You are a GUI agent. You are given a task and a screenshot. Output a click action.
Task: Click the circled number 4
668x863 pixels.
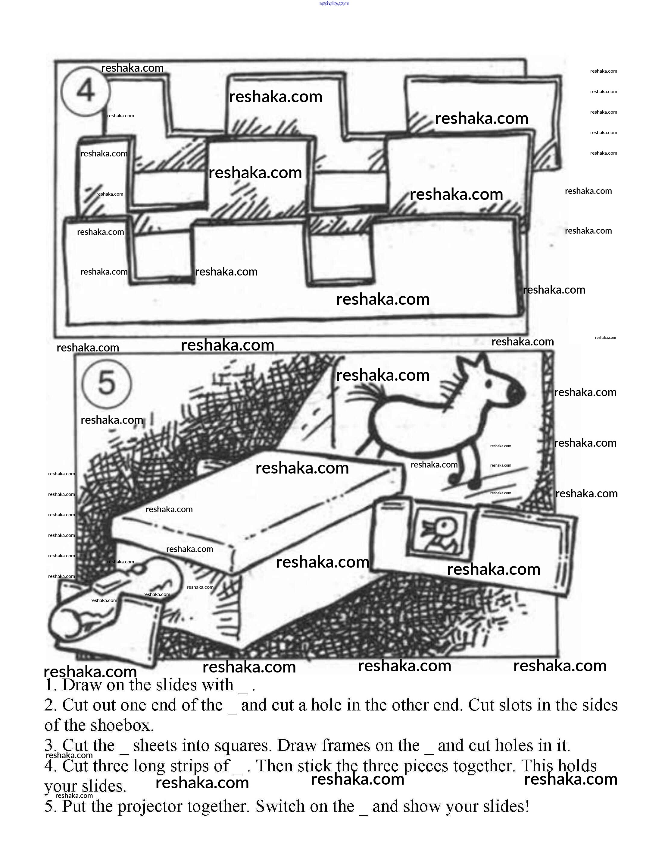pos(85,90)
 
